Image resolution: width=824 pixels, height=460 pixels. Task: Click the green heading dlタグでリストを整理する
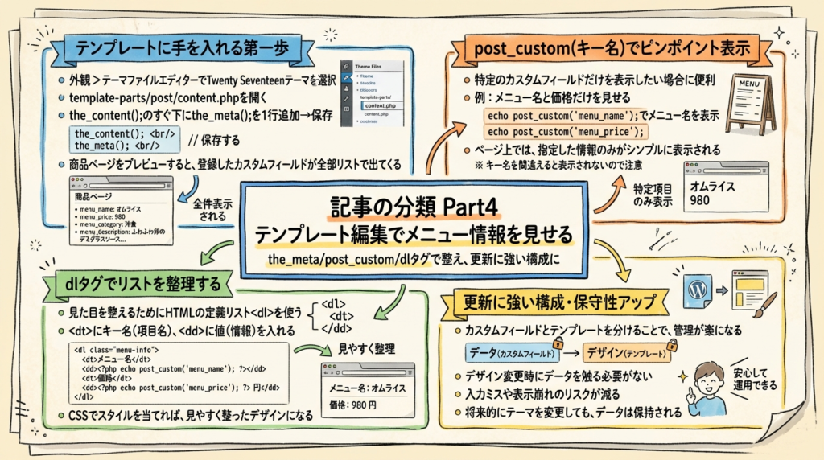(x=141, y=283)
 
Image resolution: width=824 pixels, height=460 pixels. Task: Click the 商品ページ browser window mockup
(x=121, y=211)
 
